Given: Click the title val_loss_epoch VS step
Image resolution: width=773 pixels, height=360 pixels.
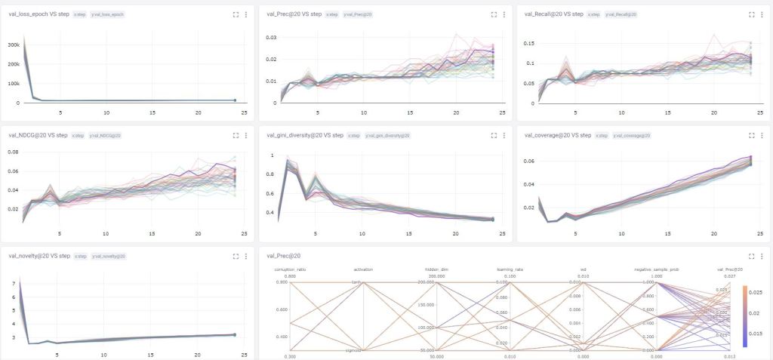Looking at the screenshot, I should pos(38,14).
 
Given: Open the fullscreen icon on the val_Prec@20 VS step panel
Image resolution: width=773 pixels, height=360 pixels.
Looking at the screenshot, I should pos(494,14).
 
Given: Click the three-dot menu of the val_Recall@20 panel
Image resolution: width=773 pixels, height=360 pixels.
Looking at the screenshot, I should pos(761,14).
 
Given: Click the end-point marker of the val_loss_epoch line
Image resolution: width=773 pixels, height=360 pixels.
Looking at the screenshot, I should pos(235,100).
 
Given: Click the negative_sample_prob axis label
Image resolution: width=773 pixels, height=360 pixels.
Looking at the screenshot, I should pos(654,269).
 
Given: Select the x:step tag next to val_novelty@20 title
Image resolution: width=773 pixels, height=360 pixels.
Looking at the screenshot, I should pos(79,257).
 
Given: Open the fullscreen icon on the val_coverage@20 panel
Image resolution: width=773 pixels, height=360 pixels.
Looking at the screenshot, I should pos(751,135).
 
